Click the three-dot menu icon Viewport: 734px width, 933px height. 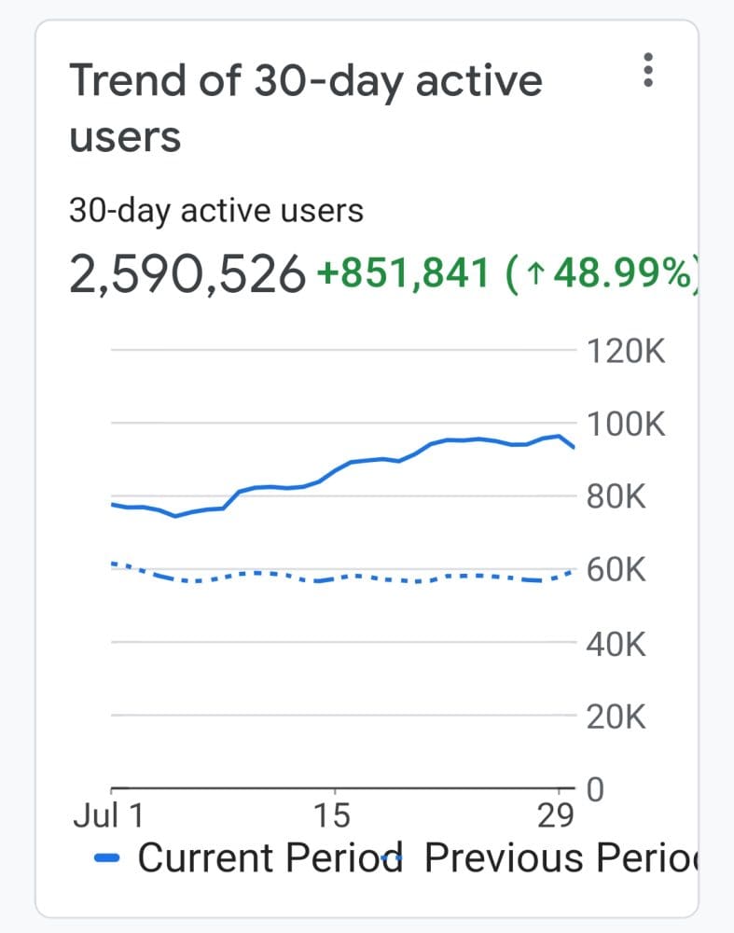pyautogui.click(x=649, y=71)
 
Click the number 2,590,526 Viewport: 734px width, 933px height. pyautogui.click(x=187, y=274)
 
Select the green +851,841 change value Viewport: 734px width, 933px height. pyautogui.click(x=403, y=274)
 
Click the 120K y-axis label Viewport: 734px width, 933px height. pyautogui.click(x=625, y=353)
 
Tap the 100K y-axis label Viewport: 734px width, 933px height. pyautogui.click(x=625, y=425)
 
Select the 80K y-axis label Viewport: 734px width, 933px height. pyautogui.click(x=616, y=497)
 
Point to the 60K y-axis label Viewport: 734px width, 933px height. pyautogui.click(x=616, y=570)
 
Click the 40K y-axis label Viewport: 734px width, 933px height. pyautogui.click(x=616, y=644)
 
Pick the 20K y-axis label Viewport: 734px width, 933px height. pyautogui.click(x=616, y=717)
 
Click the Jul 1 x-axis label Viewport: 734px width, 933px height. pyautogui.click(x=108, y=816)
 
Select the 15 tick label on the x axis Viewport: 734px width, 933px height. pyautogui.click(x=332, y=816)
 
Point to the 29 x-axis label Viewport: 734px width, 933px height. pyautogui.click(x=557, y=816)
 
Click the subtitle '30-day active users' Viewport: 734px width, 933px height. pyautogui.click(x=216, y=211)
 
